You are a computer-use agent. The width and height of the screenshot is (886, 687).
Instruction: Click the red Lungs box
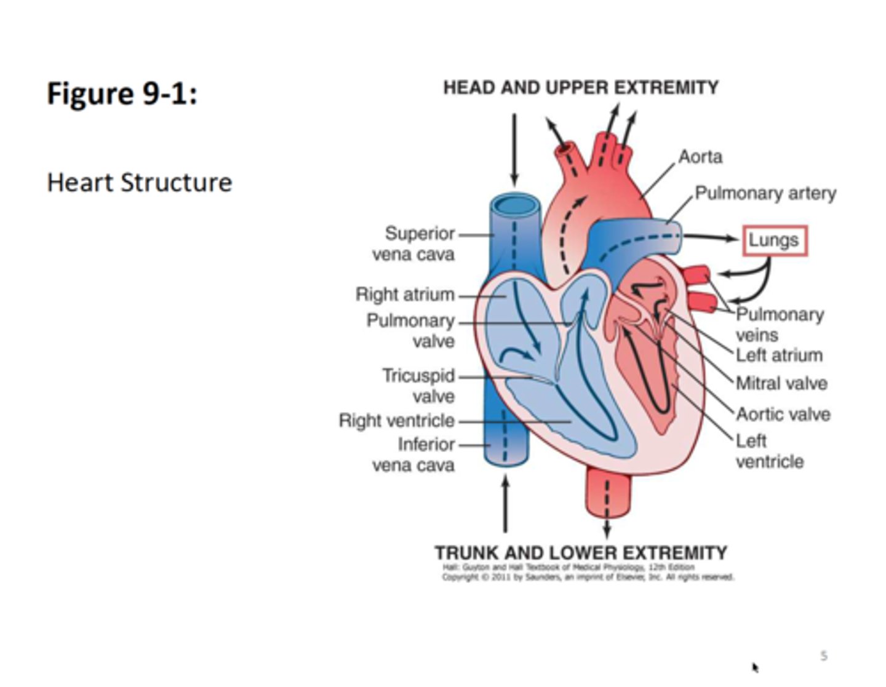pos(774,240)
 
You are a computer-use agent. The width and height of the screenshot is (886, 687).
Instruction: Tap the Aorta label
pos(700,157)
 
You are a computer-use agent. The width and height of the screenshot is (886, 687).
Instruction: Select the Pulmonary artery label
pos(765,193)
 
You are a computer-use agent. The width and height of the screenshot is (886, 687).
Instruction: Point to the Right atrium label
pos(405,295)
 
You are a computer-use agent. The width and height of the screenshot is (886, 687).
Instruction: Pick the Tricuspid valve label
pos(418,386)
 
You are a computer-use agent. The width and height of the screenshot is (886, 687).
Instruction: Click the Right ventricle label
pos(397,421)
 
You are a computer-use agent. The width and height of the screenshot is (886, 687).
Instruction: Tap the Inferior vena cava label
pos(415,455)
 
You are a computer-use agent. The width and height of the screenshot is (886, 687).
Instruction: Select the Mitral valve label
pos(781,384)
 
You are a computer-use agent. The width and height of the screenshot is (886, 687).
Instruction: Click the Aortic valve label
pos(783,415)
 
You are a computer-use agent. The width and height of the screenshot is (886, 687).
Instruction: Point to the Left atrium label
pos(779,355)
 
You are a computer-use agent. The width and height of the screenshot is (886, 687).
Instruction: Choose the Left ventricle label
pos(769,451)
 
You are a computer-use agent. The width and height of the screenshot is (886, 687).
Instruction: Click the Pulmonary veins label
pos(780,325)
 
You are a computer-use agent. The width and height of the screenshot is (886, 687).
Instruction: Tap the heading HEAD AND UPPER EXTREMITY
pos(580,87)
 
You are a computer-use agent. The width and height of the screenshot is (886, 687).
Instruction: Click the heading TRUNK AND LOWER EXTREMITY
pos(580,552)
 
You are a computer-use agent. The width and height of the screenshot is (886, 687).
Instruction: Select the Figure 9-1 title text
pos(122,94)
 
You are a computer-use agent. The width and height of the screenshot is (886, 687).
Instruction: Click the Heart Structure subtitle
pos(140,183)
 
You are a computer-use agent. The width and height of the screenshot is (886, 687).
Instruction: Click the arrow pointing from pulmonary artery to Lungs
pos(710,237)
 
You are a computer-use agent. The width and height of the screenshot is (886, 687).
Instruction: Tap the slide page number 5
pos(824,656)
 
